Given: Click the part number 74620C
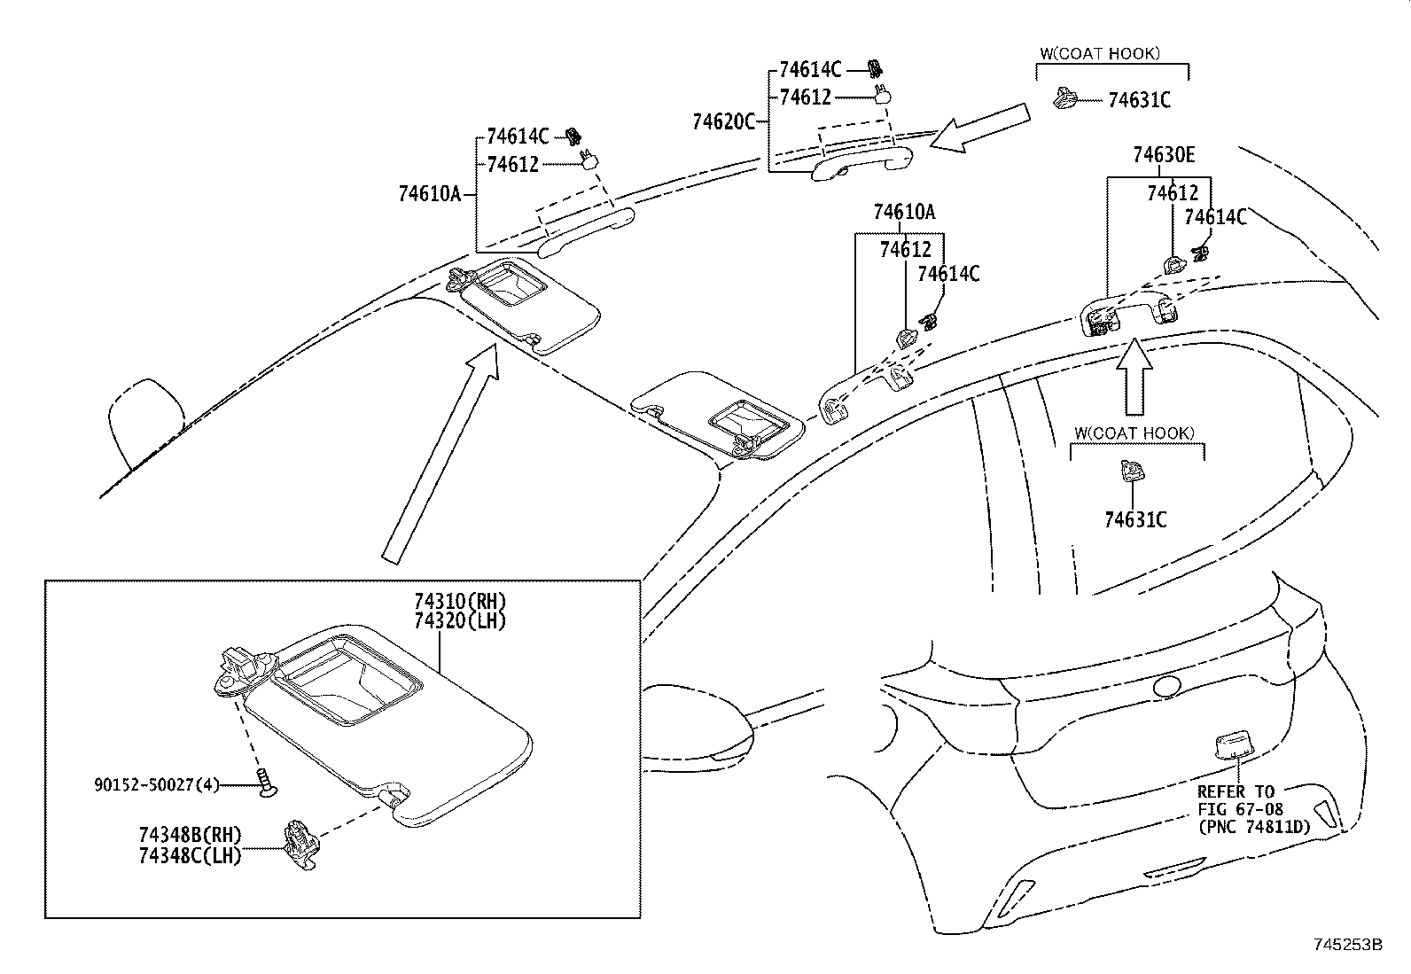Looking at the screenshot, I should coord(723,121).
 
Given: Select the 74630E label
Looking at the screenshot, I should coord(1163,156).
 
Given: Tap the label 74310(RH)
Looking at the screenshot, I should coord(460,602).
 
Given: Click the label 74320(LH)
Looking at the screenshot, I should coord(460,620).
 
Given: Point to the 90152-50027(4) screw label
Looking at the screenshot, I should coord(156,784).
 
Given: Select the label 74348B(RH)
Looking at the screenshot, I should coord(190,835).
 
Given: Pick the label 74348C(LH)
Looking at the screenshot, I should coord(190,855).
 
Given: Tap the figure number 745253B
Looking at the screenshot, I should coord(1347,945).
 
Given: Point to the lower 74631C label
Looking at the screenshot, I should coord(1134,519).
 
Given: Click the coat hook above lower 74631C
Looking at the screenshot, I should coord(1131,471).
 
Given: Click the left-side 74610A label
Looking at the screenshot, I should coord(430,193).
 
